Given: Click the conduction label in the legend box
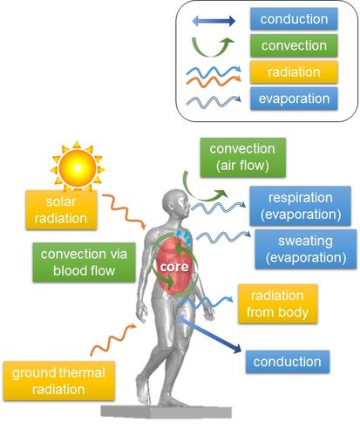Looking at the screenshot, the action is (x=294, y=19).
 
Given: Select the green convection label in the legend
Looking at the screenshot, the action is (x=294, y=45).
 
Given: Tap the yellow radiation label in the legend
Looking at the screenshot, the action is (x=294, y=72).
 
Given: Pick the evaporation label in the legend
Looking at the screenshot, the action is (x=294, y=99).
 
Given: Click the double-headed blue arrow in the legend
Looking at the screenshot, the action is (x=214, y=21).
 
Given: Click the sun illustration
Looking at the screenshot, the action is (x=78, y=167).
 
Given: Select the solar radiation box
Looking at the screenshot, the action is (x=61, y=210).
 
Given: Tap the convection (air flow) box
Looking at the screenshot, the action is (x=242, y=157).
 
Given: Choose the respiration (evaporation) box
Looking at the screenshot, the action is (x=300, y=206).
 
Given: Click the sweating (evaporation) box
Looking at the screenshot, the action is (x=306, y=249).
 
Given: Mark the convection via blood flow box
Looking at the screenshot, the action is (x=84, y=262).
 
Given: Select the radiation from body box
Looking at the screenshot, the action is (x=277, y=303).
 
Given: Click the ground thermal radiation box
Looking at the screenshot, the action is (x=58, y=381).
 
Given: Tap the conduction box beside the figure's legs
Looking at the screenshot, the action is (x=288, y=362).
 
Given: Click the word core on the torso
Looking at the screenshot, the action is (x=174, y=267).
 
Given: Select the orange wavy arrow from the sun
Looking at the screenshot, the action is (x=124, y=211).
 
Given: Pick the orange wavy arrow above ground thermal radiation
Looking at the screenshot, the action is (x=112, y=339).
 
